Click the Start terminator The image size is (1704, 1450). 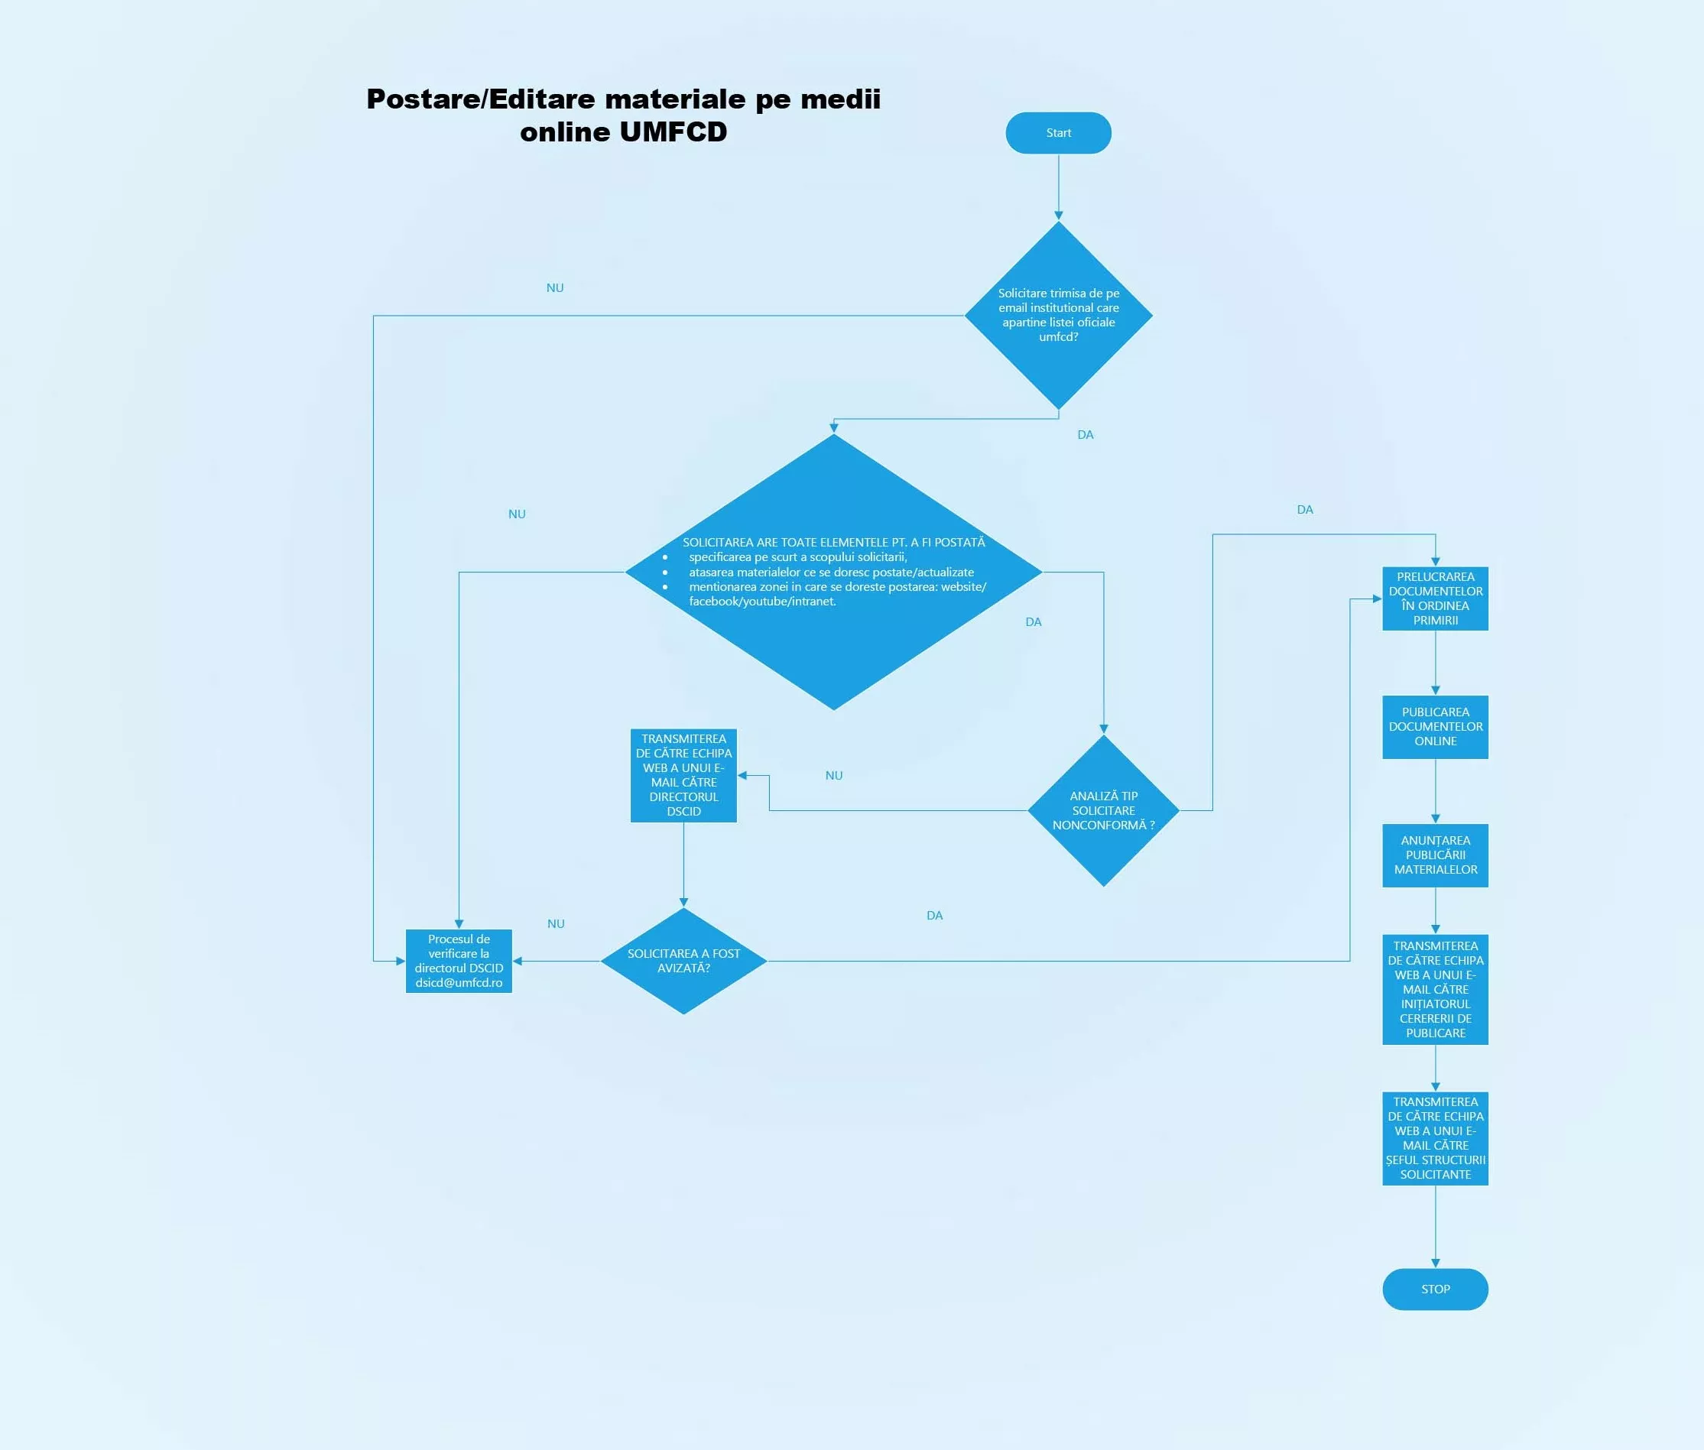click(1058, 133)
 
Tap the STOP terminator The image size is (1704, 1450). click(1434, 1289)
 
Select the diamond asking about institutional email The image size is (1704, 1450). click(1058, 315)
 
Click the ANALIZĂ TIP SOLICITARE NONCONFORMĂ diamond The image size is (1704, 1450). click(1103, 810)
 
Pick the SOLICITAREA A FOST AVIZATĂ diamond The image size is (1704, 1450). click(683, 961)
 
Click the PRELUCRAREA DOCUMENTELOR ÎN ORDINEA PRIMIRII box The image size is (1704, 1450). click(1434, 598)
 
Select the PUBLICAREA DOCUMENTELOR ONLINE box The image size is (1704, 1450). click(1434, 727)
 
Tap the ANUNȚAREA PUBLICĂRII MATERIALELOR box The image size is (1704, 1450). click(1434, 855)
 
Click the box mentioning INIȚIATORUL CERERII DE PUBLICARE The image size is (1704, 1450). click(1434, 989)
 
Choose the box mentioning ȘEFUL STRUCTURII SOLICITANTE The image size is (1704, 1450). click(1434, 1137)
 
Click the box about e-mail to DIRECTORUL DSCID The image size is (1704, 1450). click(683, 775)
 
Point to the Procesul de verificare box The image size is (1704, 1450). click(459, 960)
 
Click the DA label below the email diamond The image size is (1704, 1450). click(1085, 435)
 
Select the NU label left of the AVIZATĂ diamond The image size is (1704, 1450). click(556, 924)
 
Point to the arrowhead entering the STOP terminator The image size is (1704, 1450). click(1435, 1263)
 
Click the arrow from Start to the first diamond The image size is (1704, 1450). click(1058, 186)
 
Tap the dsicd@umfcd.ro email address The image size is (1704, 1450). click(459, 983)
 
